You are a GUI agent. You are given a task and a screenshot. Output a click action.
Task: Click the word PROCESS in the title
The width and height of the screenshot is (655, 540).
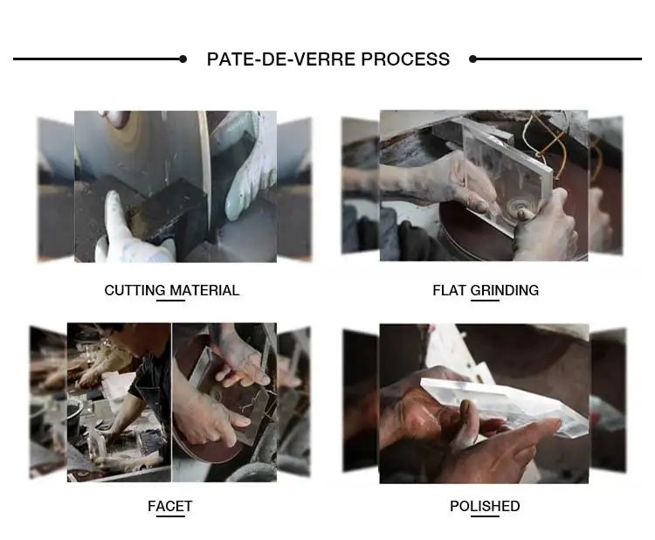click(x=405, y=59)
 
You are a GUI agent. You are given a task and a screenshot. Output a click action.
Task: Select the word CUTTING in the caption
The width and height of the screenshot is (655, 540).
click(x=134, y=290)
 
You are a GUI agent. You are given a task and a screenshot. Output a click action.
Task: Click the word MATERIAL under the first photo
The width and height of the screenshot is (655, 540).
click(x=204, y=290)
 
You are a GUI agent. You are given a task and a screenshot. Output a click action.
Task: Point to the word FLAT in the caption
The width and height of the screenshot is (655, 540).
click(x=449, y=290)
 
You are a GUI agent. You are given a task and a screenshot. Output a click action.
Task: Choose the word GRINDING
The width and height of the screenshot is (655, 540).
click(x=505, y=290)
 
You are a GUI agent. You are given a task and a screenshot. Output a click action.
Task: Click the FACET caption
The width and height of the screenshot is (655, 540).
click(x=170, y=506)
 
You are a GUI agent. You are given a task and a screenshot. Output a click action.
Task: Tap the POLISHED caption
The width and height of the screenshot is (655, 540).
click(x=485, y=506)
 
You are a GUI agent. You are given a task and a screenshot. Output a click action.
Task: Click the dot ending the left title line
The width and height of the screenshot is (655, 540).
click(x=183, y=59)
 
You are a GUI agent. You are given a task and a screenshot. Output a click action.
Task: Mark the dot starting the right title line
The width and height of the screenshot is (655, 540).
click(x=472, y=59)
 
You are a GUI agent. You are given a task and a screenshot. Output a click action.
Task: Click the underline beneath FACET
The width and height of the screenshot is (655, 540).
click(x=170, y=516)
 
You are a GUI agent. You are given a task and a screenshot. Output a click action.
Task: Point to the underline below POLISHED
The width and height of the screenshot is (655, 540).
click(x=485, y=516)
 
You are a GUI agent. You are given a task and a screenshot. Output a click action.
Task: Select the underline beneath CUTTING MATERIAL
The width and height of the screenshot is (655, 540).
click(x=170, y=300)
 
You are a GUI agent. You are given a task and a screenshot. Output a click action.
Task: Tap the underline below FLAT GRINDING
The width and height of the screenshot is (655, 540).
click(x=485, y=300)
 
